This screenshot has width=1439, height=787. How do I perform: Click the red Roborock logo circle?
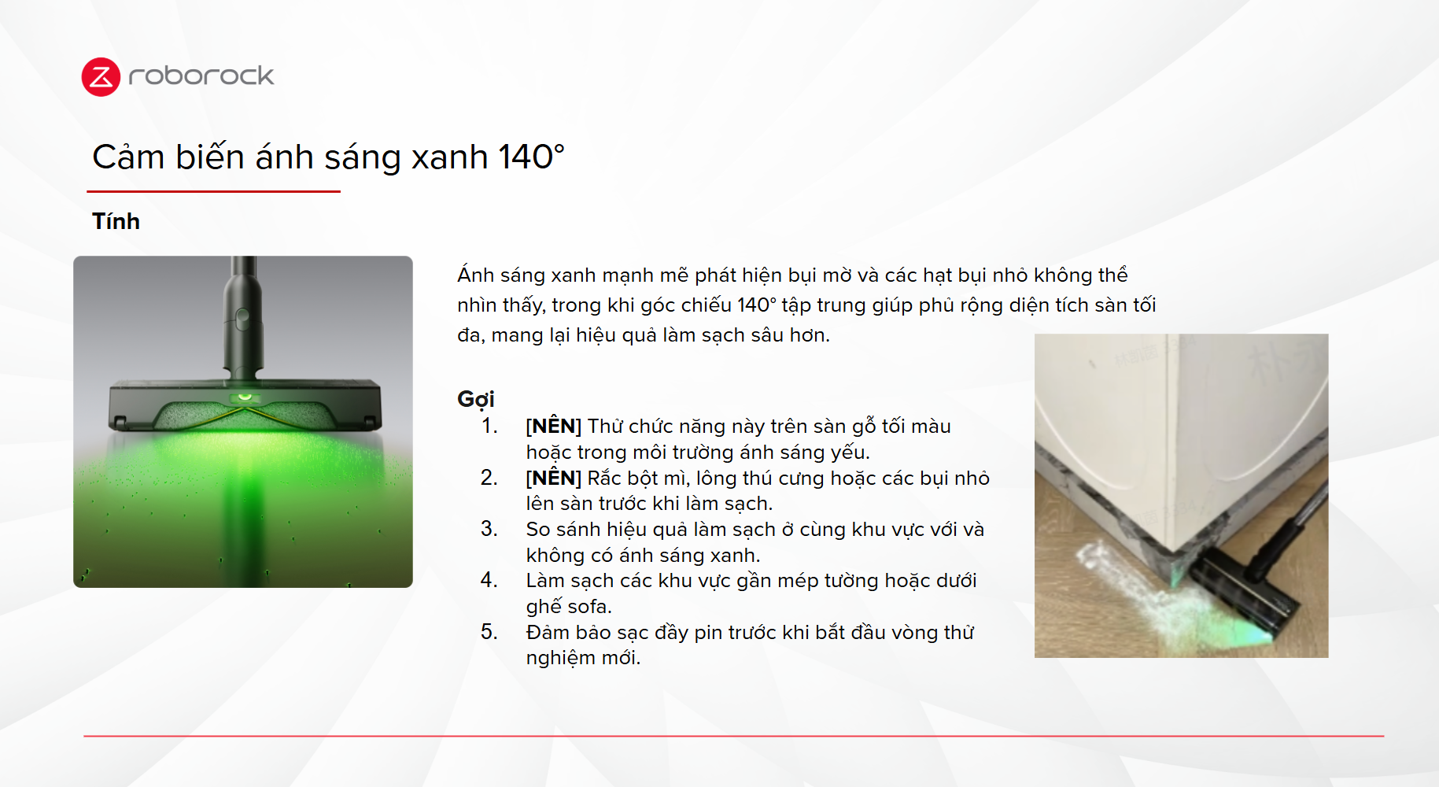101,77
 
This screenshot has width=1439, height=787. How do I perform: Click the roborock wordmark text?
201,76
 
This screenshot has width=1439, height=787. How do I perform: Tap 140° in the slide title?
531,157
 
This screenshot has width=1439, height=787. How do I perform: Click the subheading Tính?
116,221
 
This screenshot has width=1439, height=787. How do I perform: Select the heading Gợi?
476,400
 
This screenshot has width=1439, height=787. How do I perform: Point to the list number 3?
489,529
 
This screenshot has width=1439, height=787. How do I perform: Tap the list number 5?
489,632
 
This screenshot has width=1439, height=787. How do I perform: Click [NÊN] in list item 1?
554,426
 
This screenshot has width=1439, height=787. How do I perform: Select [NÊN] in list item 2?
554,478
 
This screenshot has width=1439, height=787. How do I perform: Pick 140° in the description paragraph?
756,305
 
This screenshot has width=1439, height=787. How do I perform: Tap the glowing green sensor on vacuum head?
244,397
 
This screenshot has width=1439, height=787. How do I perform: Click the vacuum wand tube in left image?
243,315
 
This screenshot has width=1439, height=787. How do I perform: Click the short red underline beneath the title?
213,191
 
